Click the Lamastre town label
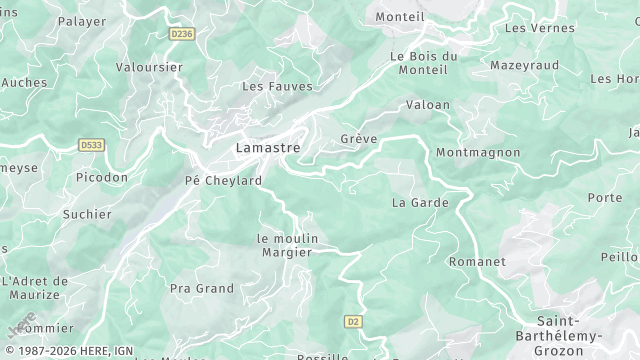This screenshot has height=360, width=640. (267, 148)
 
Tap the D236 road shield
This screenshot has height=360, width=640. (181, 33)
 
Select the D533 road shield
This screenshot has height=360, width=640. (92, 145)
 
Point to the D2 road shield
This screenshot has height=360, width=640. (352, 321)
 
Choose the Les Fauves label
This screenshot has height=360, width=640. (277, 87)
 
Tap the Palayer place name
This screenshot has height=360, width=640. (82, 21)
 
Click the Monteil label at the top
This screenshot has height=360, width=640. (400, 17)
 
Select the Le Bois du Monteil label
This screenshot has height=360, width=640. (424, 63)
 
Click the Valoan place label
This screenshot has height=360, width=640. (428, 105)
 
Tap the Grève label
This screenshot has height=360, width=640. (359, 139)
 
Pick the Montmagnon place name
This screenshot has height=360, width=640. (478, 152)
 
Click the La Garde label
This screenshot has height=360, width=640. (420, 202)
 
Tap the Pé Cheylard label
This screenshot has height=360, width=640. (223, 181)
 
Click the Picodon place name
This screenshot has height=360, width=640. (102, 177)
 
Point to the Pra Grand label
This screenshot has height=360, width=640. (201, 289)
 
